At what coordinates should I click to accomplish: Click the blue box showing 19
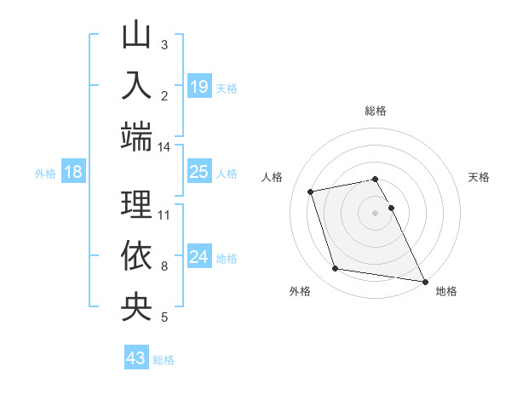click(x=198, y=86)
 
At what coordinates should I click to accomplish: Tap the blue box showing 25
click(x=198, y=172)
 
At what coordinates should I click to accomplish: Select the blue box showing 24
click(x=198, y=257)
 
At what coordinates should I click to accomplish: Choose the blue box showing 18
click(x=73, y=172)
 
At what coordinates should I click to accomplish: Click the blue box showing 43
click(x=135, y=358)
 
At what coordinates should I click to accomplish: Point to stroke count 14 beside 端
click(x=164, y=147)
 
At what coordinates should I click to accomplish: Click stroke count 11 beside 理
click(x=164, y=214)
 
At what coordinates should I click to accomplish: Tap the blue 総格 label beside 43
click(x=164, y=360)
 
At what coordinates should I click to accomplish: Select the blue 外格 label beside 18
click(x=44, y=174)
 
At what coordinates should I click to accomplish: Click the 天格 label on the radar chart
click(x=479, y=178)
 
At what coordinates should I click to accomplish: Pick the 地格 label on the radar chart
click(x=446, y=292)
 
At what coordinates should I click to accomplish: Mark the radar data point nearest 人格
click(x=311, y=191)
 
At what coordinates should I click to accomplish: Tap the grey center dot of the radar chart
click(x=375, y=213)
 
